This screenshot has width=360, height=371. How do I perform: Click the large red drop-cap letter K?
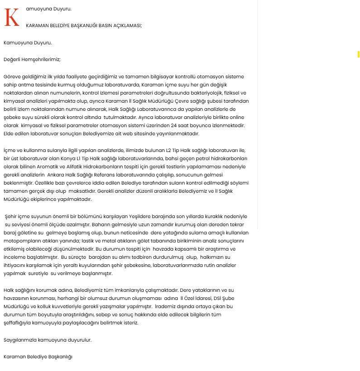pos(12,17)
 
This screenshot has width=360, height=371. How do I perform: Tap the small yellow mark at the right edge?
pos(358,54)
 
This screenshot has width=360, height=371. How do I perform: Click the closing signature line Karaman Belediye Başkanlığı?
pos(38,357)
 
